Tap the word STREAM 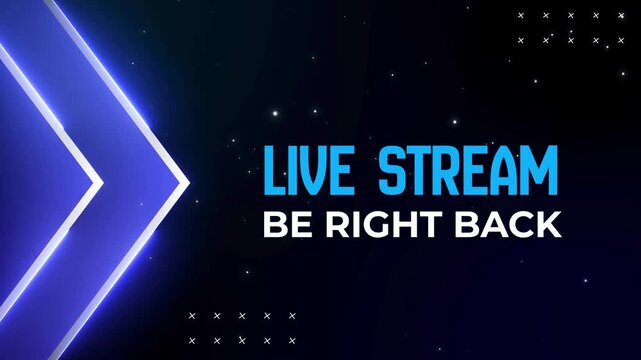pyautogui.click(x=468, y=171)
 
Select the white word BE pyautogui.click(x=281, y=225)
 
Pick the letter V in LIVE pyautogui.click(x=313, y=171)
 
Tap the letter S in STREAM pyautogui.click(x=392, y=171)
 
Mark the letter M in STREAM pyautogui.click(x=538, y=171)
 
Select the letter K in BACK pyautogui.click(x=548, y=225)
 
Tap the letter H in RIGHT pyautogui.click(x=394, y=225)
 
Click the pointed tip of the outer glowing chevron pyautogui.click(x=186, y=183)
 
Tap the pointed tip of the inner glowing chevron pyautogui.click(x=99, y=183)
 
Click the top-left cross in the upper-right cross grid pyautogui.click(x=521, y=15)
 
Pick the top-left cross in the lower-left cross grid pyautogui.click(x=191, y=316)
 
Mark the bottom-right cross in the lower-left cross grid pyautogui.click(x=292, y=341)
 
